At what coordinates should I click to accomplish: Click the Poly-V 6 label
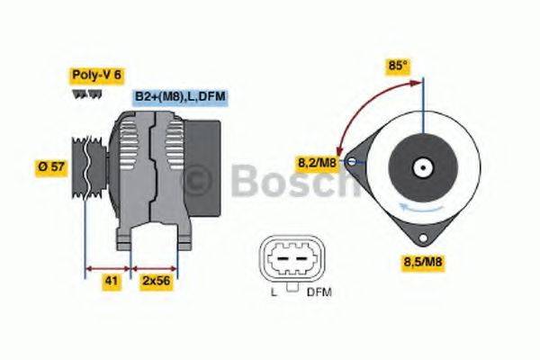pos(95,76)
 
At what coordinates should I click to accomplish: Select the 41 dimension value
pos(111,281)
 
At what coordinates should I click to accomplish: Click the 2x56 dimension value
pos(157,281)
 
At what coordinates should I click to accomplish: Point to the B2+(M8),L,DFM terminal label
pos(179,96)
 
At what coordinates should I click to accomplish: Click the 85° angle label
pos(397,66)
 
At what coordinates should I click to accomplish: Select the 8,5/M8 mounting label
pos(423,263)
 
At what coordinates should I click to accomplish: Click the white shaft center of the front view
pos(421,167)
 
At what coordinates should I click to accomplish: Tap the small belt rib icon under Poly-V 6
pos(81,94)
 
